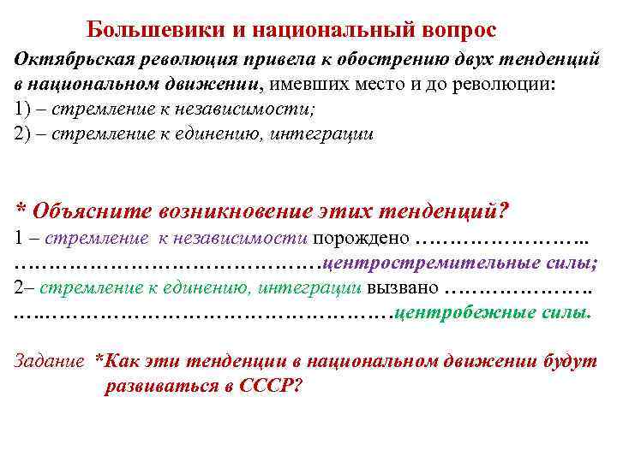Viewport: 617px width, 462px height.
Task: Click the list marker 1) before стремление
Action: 23,111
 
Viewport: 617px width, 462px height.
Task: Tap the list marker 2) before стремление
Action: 23,135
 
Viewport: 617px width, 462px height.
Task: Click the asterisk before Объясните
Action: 21,210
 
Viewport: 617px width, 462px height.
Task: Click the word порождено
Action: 362,237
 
